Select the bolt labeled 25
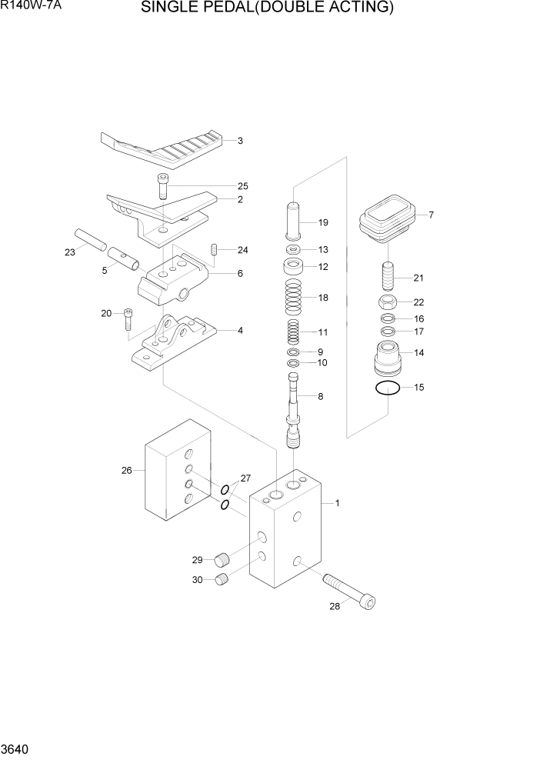tap(163, 187)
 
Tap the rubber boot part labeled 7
tap(387, 218)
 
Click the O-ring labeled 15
tap(388, 388)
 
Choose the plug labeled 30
tap(222, 580)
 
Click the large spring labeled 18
tap(293, 298)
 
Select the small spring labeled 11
tap(292, 333)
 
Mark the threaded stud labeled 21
tap(388, 275)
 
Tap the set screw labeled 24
tap(215, 249)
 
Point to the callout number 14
tap(419, 353)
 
